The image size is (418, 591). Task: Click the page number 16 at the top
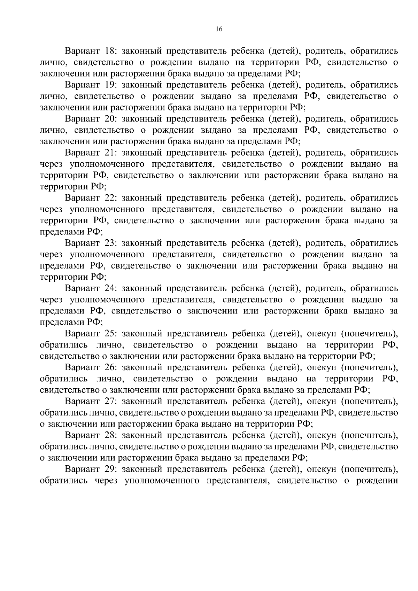click(219, 29)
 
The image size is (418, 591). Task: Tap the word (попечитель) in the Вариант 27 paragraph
click(369, 401)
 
